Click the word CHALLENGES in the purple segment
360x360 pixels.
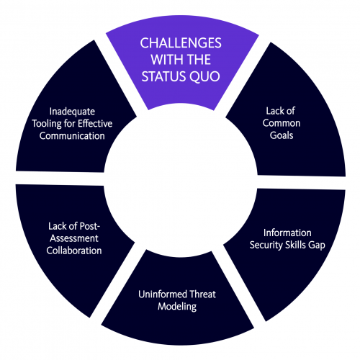pyautogui.click(x=181, y=43)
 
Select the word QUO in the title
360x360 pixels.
pyautogui.click(x=204, y=76)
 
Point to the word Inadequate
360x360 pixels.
pyautogui.click(x=72, y=112)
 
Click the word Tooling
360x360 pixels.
pyautogui.click(x=47, y=124)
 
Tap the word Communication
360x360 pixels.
pyautogui.click(x=72, y=136)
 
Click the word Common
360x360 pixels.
pyautogui.click(x=282, y=123)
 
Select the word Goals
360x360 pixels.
pyautogui.click(x=282, y=135)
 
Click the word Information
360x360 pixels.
pyautogui.click(x=287, y=233)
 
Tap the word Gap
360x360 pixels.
pyautogui.click(x=317, y=246)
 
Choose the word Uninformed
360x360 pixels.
pyautogui.click(x=163, y=294)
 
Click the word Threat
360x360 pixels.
pyautogui.click(x=202, y=294)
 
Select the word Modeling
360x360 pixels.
pyautogui.click(x=177, y=307)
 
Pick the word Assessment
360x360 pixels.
pyautogui.click(x=74, y=238)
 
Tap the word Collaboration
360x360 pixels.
pyautogui.click(x=74, y=251)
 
